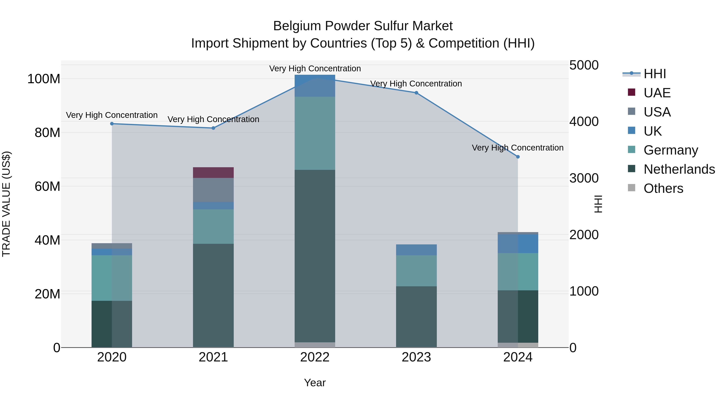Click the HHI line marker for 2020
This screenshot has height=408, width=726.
(x=112, y=124)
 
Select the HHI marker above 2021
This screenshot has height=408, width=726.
(x=213, y=128)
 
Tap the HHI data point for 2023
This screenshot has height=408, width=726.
(x=416, y=93)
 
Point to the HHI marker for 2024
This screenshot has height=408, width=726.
(x=518, y=157)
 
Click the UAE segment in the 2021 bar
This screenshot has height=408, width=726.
(x=213, y=173)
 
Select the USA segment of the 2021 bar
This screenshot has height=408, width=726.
(x=213, y=190)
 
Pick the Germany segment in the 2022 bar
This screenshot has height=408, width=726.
(x=315, y=133)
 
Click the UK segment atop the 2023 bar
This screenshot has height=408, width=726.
(x=416, y=250)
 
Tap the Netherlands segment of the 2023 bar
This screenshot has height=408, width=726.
(x=416, y=317)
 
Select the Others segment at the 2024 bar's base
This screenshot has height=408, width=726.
(x=518, y=345)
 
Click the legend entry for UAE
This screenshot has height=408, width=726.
(x=657, y=93)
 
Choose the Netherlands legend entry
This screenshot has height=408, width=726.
(x=679, y=169)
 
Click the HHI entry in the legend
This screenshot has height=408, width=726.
(x=654, y=74)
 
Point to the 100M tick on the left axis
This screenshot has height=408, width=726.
(x=44, y=79)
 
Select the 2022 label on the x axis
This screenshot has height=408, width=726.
(x=315, y=357)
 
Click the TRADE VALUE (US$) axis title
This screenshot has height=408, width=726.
(x=6, y=204)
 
